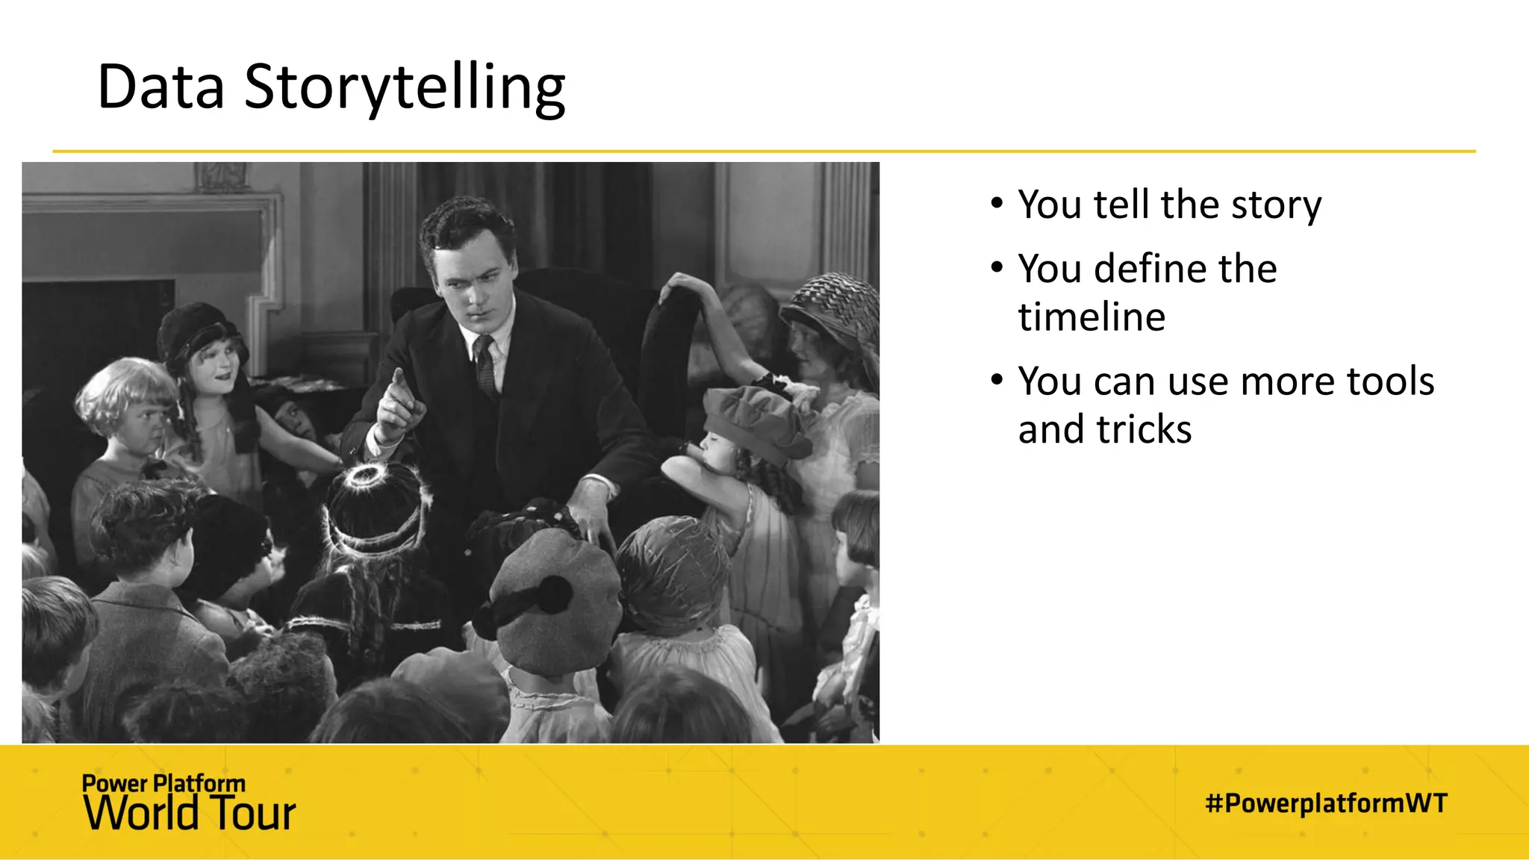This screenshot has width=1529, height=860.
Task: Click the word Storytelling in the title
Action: [405, 88]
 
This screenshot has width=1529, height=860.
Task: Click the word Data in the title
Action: [161, 87]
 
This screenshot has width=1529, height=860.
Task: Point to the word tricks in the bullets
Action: [1144, 429]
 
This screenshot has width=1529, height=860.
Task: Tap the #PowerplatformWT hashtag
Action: [1326, 803]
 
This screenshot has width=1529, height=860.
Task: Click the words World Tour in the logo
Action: [190, 813]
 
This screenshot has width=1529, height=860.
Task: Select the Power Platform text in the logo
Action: [164, 783]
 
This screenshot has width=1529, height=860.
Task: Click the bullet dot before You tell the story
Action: [997, 203]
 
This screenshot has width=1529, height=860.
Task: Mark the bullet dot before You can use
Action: [997, 380]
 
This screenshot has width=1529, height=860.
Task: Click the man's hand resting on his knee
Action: [594, 515]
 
